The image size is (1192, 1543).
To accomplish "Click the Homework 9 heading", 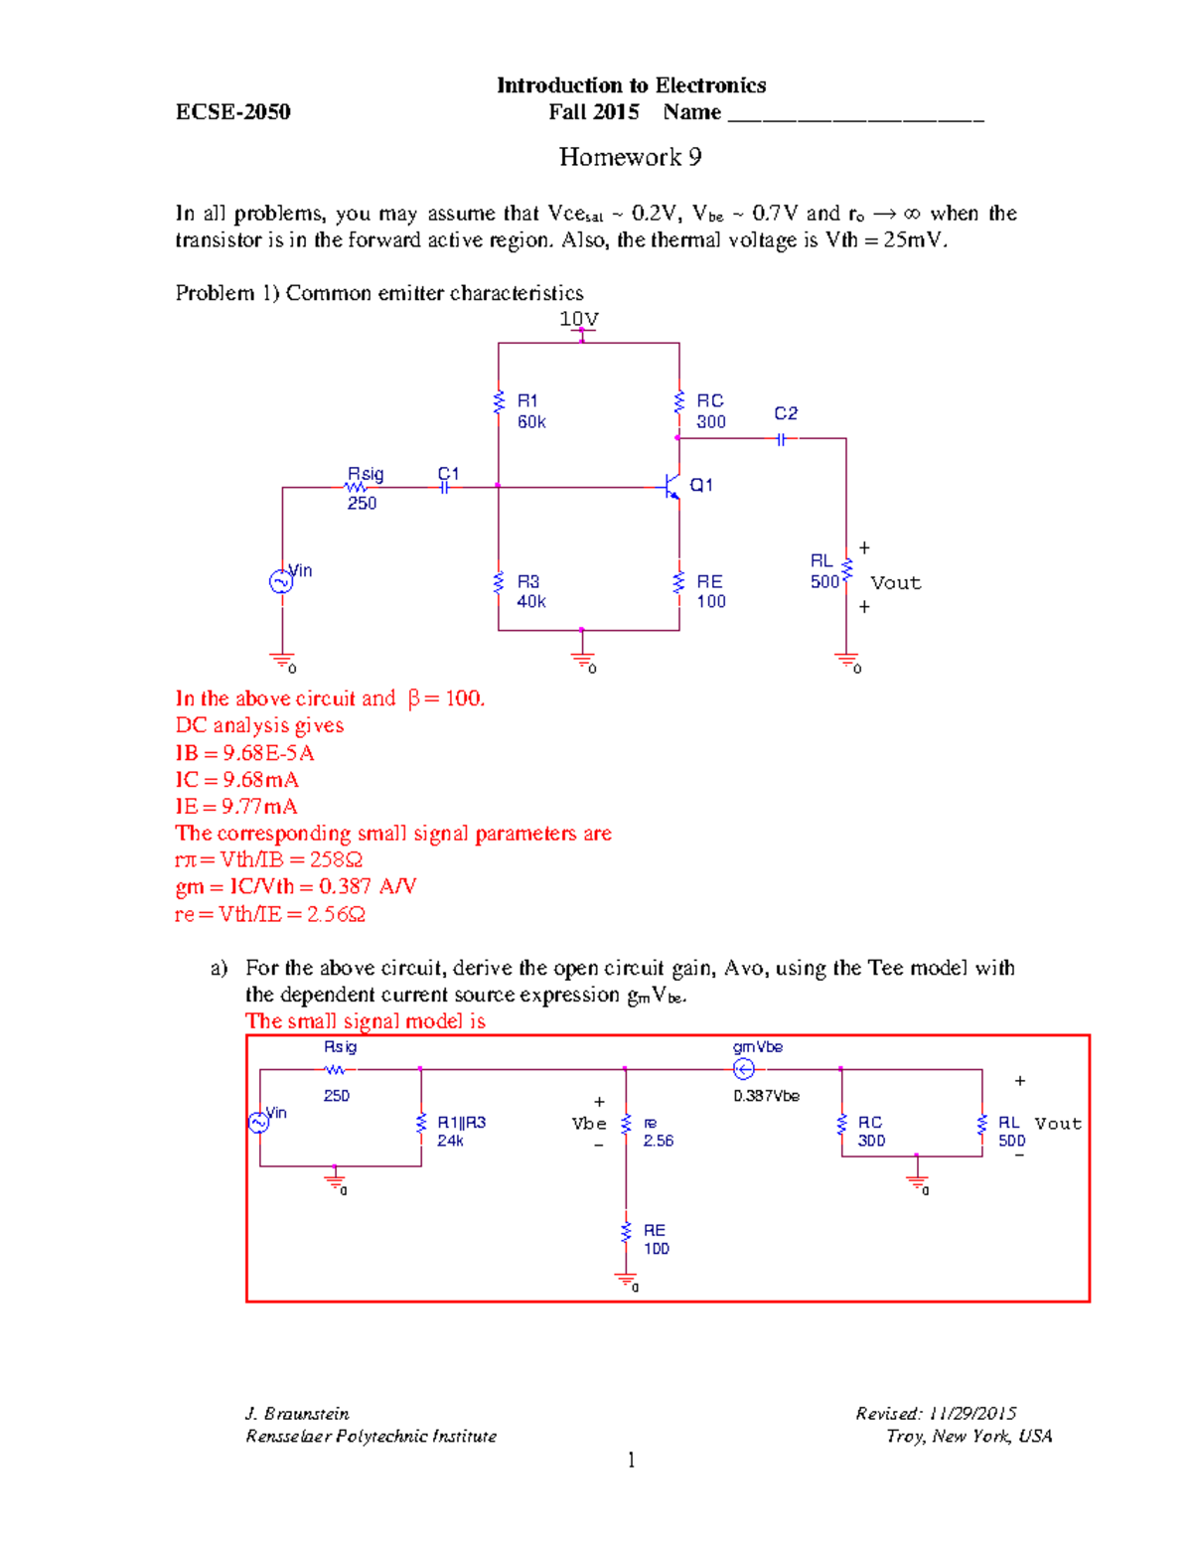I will (630, 157).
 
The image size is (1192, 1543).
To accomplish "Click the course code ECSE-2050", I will (232, 112).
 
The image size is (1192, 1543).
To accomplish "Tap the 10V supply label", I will (579, 319).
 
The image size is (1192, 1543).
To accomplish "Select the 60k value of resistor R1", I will (531, 422).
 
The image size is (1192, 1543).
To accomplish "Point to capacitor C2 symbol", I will (783, 438).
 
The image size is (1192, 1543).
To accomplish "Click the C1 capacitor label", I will (449, 474).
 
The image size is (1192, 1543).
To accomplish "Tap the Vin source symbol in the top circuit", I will (281, 582).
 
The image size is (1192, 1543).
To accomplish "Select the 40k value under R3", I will (531, 602).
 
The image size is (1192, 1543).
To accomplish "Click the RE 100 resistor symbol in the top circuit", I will (679, 583).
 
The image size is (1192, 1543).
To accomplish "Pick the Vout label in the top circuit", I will (895, 583).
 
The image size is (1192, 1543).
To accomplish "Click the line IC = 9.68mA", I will (236, 780).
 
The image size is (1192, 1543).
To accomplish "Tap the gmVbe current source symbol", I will (743, 1069).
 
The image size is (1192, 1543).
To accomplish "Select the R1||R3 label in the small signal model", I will (462, 1123).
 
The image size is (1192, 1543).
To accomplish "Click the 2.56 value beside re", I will (658, 1141).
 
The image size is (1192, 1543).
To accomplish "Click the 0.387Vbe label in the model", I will (766, 1096).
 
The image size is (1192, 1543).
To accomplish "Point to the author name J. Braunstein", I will (297, 1414).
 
